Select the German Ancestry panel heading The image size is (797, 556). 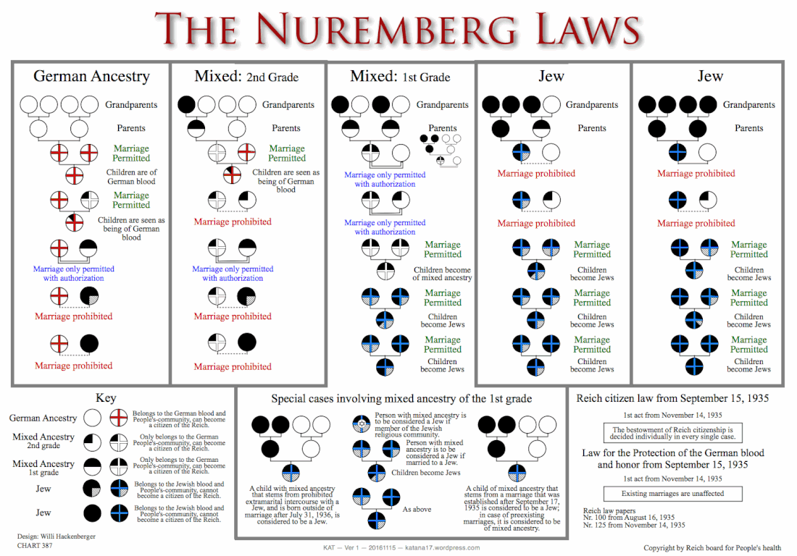coord(91,76)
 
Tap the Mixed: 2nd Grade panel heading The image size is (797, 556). coord(246,77)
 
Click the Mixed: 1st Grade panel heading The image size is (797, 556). coord(400,77)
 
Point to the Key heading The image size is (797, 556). coord(106,398)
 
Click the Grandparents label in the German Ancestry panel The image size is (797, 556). coord(131,105)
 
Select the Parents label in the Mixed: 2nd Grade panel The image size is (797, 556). coord(286,128)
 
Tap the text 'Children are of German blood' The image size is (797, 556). coord(131,177)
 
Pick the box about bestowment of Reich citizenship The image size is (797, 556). coord(672,433)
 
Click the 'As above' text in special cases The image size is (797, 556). coord(417,510)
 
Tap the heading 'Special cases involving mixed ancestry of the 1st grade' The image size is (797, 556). coord(401,399)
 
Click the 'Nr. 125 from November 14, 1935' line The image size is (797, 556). coord(633,525)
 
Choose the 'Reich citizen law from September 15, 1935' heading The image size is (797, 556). coord(672,398)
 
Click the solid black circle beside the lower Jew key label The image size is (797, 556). coord(92,513)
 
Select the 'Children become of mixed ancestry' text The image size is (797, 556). coord(442,274)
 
